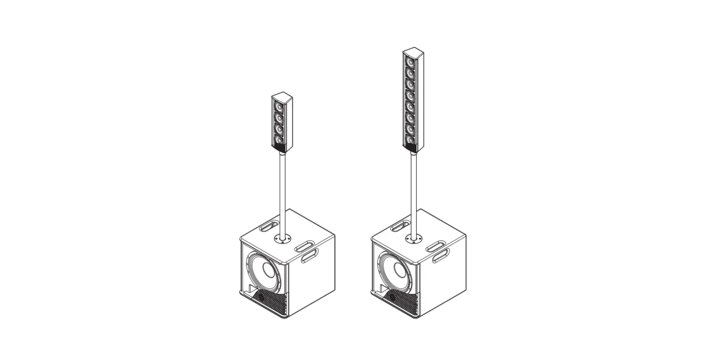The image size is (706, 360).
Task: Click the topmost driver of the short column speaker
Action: click(x=279, y=108)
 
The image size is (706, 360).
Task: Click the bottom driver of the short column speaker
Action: click(x=279, y=141)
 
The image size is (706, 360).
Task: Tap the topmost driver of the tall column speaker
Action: click(x=410, y=61)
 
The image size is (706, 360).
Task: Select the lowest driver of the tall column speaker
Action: click(x=410, y=140)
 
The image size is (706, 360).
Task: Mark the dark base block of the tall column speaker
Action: click(x=409, y=148)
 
